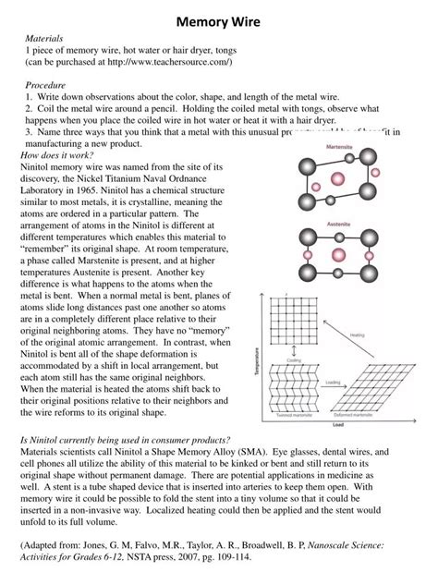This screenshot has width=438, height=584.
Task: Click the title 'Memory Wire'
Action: (x=218, y=19)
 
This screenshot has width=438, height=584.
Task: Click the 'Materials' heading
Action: (x=44, y=39)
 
